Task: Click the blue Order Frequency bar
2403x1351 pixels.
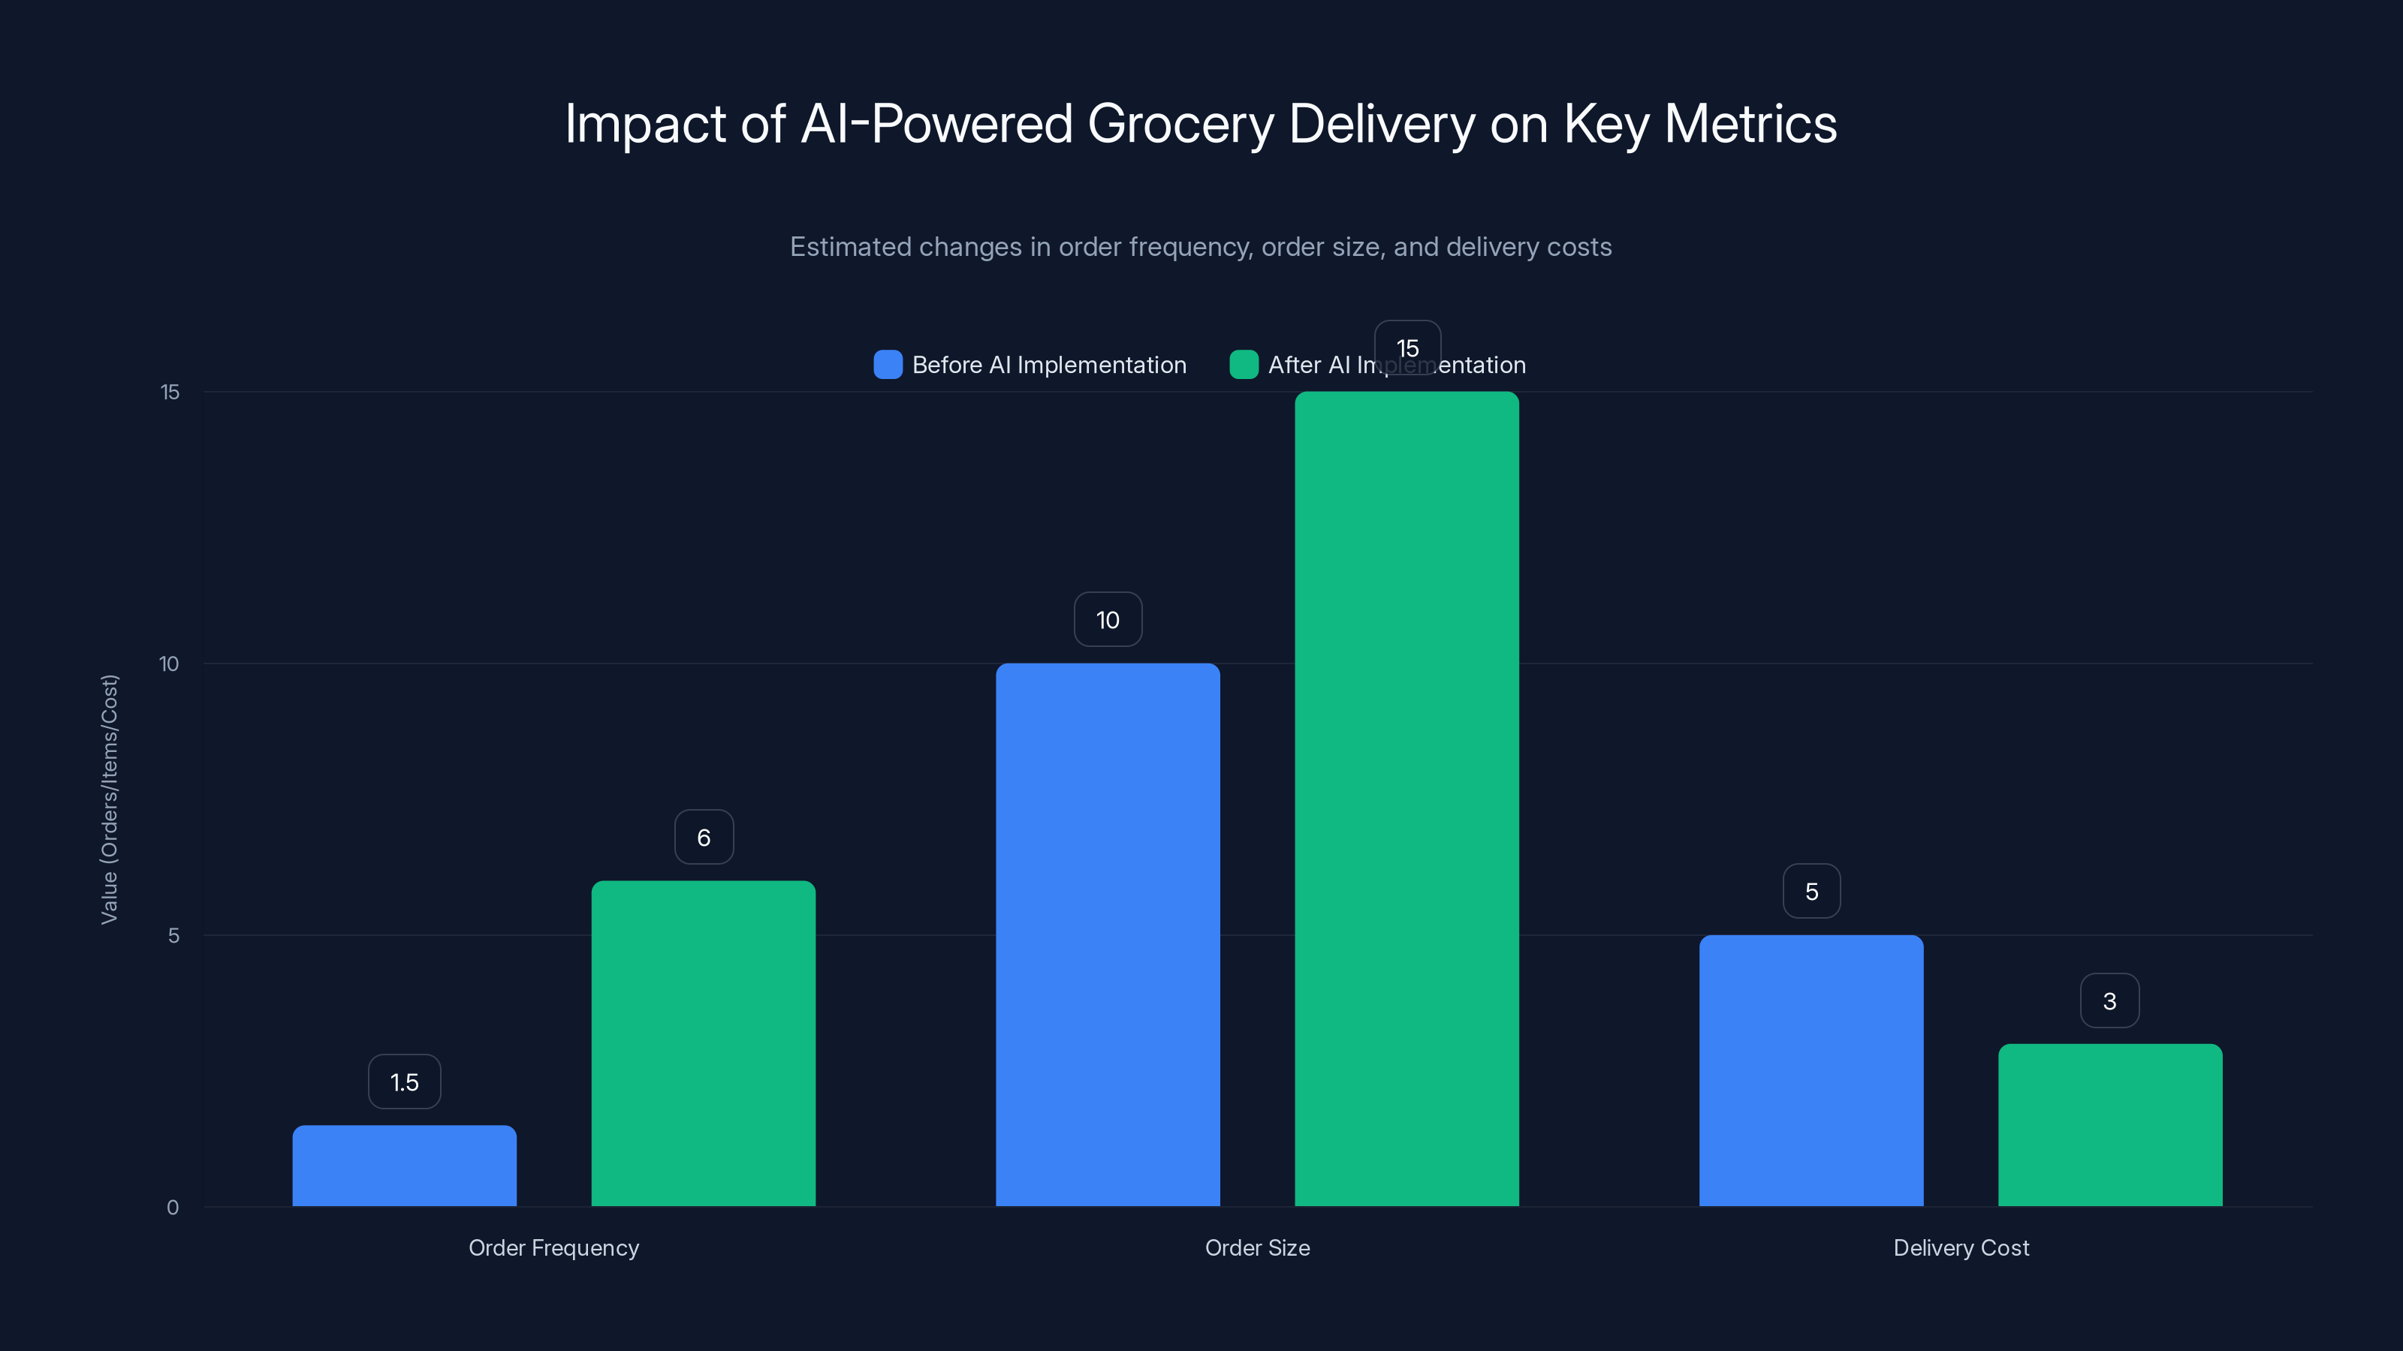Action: click(404, 1166)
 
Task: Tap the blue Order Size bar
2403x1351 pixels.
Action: click(1108, 934)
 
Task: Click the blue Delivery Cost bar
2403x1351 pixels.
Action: click(1811, 1070)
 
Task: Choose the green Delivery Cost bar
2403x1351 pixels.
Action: click(2110, 1124)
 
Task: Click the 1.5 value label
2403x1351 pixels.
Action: click(404, 1082)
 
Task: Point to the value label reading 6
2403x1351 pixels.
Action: click(704, 838)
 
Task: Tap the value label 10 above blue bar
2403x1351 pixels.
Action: click(1108, 619)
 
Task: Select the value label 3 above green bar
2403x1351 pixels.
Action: click(2109, 1000)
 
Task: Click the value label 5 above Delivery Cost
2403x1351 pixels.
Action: click(1811, 892)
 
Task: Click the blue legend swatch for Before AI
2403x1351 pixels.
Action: click(887, 365)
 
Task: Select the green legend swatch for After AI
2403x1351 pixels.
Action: click(1244, 365)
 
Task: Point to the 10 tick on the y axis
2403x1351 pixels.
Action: click(169, 663)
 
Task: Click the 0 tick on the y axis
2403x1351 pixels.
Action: click(173, 1208)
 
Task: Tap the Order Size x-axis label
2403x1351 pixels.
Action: click(1256, 1247)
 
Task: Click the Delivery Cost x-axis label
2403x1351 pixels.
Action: click(1961, 1247)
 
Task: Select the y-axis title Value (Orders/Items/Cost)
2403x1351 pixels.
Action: click(109, 799)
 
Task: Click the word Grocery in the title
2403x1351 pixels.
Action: click(1180, 124)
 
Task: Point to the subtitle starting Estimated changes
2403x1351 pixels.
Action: click(1201, 247)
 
